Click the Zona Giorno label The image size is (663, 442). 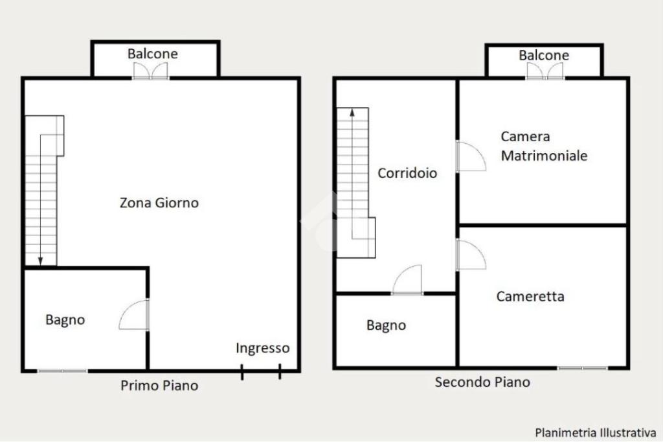click(159, 203)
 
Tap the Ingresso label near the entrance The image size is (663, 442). click(263, 348)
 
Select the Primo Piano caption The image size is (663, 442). click(159, 385)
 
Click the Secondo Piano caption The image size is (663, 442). click(482, 382)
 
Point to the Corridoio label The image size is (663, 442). click(407, 173)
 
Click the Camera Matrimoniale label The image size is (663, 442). click(544, 146)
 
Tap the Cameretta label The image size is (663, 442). click(530, 296)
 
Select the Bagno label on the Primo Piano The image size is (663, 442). click(65, 320)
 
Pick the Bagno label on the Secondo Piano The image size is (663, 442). click(386, 325)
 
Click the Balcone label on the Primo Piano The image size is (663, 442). click(153, 54)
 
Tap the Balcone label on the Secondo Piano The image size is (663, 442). click(544, 55)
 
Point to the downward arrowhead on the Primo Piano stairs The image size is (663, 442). click(41, 261)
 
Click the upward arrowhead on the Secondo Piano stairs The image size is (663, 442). click(352, 112)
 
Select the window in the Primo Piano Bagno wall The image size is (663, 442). click(63, 371)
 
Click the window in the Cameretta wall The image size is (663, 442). click(583, 368)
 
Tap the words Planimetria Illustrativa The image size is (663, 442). click(596, 433)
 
